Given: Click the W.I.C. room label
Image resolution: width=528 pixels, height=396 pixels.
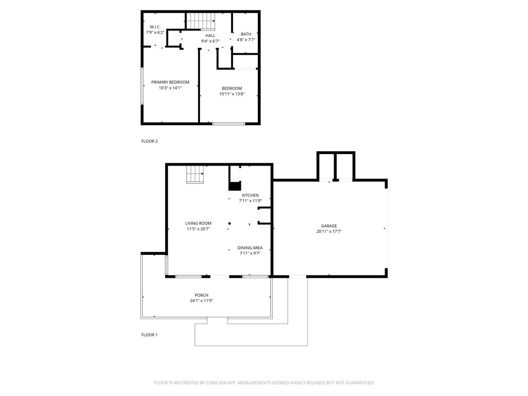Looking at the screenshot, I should click(155, 27).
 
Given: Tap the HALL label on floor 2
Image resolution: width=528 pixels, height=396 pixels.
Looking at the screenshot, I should click(210, 36).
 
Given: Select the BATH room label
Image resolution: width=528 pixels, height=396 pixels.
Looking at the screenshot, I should click(246, 34).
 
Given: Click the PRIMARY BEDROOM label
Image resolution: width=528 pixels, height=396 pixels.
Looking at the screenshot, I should click(170, 82).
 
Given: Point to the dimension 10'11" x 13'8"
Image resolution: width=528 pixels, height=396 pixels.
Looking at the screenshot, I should click(232, 94).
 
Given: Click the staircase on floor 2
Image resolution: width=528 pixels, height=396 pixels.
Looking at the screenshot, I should click(200, 21).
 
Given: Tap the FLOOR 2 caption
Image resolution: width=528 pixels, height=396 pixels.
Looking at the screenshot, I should click(150, 141).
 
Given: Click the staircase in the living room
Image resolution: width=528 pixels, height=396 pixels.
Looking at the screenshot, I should click(195, 175).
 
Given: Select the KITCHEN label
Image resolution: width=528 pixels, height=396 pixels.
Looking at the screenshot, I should click(251, 195).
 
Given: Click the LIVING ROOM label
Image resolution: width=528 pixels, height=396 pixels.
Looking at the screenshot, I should click(199, 223).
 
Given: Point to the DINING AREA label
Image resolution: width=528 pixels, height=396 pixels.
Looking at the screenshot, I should click(250, 248).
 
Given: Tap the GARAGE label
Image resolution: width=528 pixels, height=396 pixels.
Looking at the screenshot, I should click(329, 226).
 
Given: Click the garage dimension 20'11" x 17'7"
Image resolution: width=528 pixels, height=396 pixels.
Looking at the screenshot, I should click(329, 232).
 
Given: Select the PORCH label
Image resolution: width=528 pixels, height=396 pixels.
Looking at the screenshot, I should click(202, 295).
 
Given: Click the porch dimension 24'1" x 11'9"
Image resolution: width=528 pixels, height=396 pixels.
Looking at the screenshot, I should click(202, 301).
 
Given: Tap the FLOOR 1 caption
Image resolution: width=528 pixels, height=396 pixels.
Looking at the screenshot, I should click(150, 335).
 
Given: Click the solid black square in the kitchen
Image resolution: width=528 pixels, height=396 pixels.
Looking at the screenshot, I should click(235, 187).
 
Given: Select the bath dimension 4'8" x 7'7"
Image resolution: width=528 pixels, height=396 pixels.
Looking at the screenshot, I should click(246, 40).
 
